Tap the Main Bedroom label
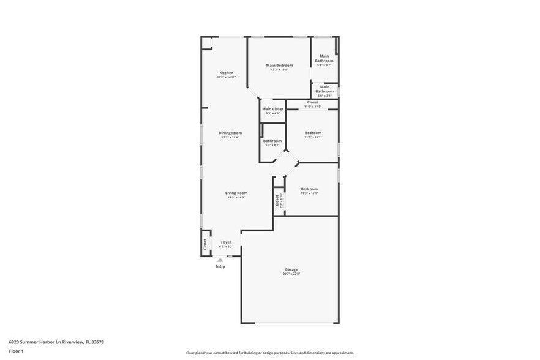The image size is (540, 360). (279, 65)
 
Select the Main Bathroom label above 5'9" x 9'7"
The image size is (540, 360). (324, 58)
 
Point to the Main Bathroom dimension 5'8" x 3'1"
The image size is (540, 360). (324, 96)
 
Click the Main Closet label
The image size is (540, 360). (272, 109)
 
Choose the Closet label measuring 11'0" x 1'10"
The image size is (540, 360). (313, 102)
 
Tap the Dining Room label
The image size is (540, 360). (230, 133)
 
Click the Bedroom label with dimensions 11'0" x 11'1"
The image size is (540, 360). (313, 133)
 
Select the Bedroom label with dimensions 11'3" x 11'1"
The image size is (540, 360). (309, 189)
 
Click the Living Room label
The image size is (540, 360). (236, 193)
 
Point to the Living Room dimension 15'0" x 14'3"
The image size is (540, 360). (236, 197)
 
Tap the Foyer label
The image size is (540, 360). (226, 242)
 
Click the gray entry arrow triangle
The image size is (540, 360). (220, 260)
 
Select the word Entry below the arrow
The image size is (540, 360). (220, 266)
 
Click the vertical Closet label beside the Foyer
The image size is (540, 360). (205, 244)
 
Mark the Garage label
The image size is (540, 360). (291, 269)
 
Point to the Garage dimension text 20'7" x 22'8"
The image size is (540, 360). (291, 274)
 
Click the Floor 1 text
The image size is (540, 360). (16, 351)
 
